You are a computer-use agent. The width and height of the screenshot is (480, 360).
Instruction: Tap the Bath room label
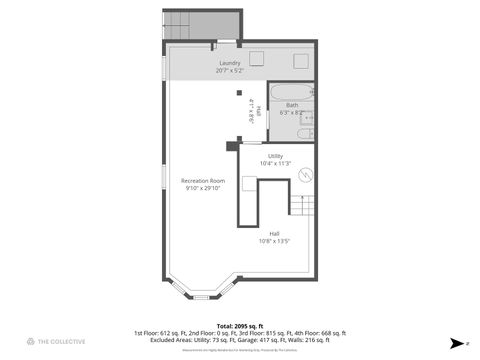(x=292, y=105)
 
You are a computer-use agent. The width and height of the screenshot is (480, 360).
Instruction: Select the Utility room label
(x=275, y=155)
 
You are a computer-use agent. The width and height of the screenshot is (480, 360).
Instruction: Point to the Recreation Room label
(x=203, y=181)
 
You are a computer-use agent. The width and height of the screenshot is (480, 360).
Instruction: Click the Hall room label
(x=274, y=233)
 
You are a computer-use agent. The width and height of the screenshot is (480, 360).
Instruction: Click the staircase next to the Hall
(x=303, y=205)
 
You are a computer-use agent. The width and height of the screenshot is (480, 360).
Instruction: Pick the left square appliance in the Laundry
(x=257, y=58)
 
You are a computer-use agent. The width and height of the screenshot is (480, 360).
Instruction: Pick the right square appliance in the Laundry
(x=300, y=58)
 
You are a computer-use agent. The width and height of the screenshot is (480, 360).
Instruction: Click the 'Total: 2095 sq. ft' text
(x=239, y=325)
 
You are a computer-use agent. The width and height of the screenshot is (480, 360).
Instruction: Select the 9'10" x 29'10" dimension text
(x=203, y=188)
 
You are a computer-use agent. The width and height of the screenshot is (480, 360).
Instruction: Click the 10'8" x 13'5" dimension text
(x=274, y=241)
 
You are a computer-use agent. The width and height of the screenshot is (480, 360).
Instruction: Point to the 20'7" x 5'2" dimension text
(x=229, y=71)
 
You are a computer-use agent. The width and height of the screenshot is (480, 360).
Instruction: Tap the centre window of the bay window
(x=203, y=296)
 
